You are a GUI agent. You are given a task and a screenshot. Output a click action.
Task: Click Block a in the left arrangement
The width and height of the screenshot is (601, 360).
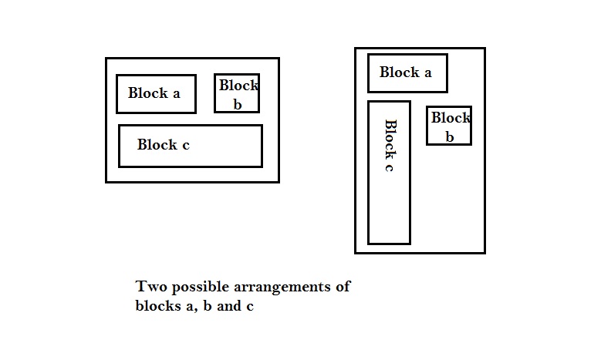click(x=156, y=93)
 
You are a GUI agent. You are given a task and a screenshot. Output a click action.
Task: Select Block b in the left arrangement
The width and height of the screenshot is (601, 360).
click(x=237, y=93)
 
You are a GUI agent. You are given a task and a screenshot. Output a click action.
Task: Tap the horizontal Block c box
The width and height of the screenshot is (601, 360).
click(x=190, y=146)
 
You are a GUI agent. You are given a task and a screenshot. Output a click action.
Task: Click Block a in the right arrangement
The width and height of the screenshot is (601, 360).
click(x=407, y=72)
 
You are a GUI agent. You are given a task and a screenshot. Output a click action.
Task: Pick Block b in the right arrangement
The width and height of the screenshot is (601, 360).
click(x=449, y=126)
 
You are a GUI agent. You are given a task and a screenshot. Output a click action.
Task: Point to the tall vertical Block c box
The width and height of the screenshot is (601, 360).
click(x=389, y=172)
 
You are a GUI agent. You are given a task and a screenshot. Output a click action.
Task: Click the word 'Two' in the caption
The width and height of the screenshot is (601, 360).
click(x=151, y=287)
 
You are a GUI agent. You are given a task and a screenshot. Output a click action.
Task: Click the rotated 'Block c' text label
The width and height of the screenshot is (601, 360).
click(x=390, y=146)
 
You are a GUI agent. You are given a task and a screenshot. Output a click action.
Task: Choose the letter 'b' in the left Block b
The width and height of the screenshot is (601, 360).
click(x=237, y=104)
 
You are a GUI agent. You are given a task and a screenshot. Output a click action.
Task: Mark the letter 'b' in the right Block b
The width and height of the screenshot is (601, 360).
click(x=449, y=136)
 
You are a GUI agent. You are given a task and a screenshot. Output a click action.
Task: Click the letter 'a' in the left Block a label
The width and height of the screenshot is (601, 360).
click(x=176, y=93)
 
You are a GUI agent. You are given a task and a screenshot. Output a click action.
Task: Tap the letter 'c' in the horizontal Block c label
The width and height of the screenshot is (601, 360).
click(x=185, y=144)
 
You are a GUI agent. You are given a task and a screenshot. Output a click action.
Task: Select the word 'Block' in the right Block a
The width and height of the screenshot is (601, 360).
click(x=399, y=72)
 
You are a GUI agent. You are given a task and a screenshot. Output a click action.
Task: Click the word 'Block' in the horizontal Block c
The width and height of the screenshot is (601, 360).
click(x=157, y=144)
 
